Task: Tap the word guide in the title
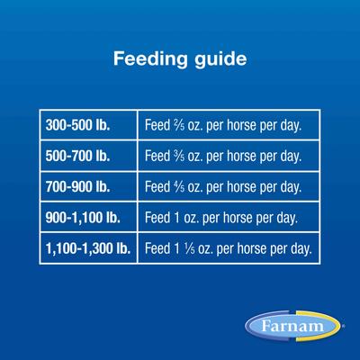220,61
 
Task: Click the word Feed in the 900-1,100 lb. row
158,218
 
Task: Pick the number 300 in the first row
57,126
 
